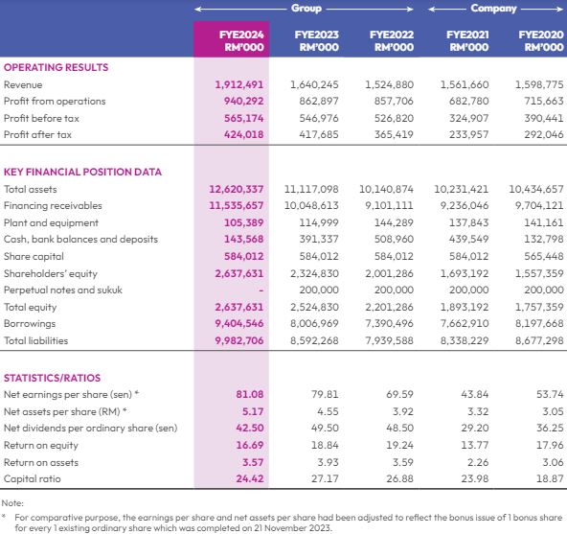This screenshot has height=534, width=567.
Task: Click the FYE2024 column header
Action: pyautogui.click(x=241, y=40)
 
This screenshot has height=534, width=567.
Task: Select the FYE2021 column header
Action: pyautogui.click(x=467, y=40)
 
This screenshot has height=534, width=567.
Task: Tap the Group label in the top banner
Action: pyautogui.click(x=306, y=9)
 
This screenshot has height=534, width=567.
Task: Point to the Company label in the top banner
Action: pyautogui.click(x=493, y=9)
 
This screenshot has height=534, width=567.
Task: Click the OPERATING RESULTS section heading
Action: pyautogui.click(x=57, y=67)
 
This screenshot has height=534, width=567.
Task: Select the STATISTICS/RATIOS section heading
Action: pyautogui.click(x=52, y=378)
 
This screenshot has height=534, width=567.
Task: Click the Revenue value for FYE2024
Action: pyautogui.click(x=239, y=84)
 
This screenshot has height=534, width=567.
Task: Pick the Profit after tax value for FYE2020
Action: pyautogui.click(x=544, y=134)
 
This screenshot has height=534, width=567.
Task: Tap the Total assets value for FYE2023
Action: pyautogui.click(x=311, y=189)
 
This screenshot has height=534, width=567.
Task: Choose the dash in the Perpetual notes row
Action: pyautogui.click(x=261, y=290)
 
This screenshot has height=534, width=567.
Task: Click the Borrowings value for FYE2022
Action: pyautogui.click(x=389, y=323)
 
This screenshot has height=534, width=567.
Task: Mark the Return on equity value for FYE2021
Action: pyautogui.click(x=475, y=445)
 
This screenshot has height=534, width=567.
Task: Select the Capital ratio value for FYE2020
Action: pyautogui.click(x=550, y=478)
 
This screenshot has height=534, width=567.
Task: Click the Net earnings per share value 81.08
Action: pyautogui.click(x=250, y=394)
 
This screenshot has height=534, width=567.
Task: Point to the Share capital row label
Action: pyautogui.click(x=34, y=256)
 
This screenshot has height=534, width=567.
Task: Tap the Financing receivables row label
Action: pyautogui.click(x=53, y=205)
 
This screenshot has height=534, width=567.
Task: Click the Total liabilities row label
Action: pyautogui.click(x=35, y=340)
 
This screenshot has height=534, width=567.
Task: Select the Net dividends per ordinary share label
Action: pyautogui.click(x=90, y=428)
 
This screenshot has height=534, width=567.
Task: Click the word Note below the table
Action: pyautogui.click(x=12, y=503)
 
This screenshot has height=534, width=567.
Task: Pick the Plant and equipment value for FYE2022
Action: pyautogui.click(x=394, y=222)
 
